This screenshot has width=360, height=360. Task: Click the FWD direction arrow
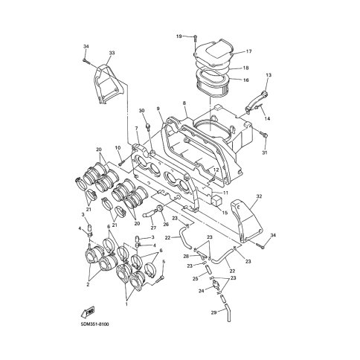coord(88,312)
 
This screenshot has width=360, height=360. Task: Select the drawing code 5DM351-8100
coord(94,324)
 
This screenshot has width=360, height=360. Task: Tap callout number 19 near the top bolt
coord(179,36)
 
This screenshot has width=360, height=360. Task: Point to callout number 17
coord(248,51)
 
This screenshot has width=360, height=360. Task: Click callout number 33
coord(112,53)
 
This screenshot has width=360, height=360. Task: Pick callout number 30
coord(141,110)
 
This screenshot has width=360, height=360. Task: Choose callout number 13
coord(269,75)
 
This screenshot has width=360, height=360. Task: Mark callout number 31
coord(265,152)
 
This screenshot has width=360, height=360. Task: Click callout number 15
coord(225,213)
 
